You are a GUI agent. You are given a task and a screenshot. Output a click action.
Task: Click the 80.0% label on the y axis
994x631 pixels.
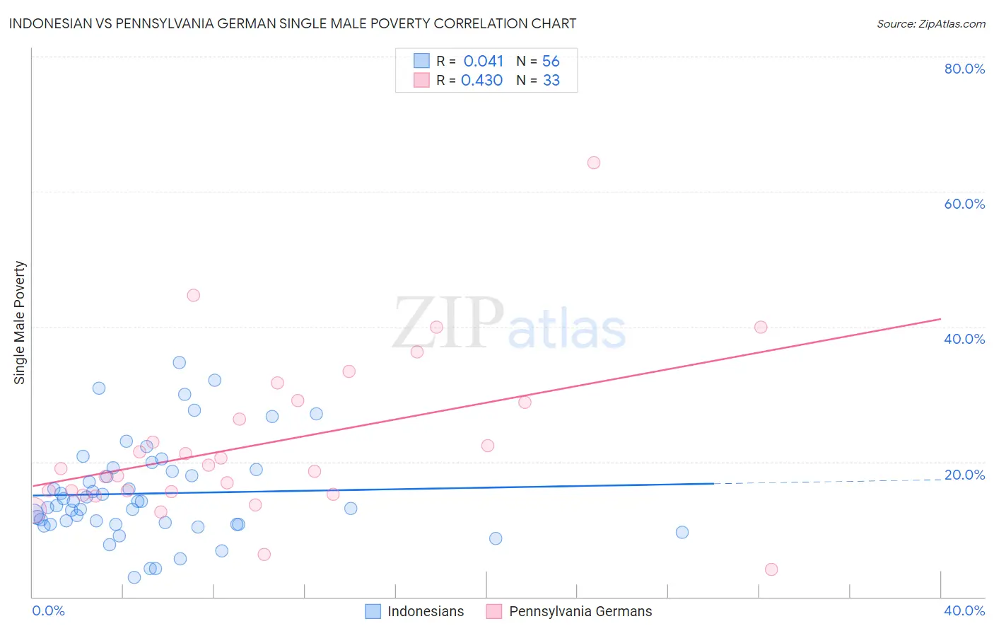pos(964,69)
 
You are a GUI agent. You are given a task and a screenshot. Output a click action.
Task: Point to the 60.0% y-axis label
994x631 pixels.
pos(964,204)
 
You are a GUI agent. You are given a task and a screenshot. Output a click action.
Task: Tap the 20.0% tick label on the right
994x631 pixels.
pos(964,475)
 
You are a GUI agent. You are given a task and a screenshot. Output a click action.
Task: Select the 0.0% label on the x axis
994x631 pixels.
pos(48,610)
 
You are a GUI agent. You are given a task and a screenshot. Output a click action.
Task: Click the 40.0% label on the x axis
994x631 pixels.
pos(964,610)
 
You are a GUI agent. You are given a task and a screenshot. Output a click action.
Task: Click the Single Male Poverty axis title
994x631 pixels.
pos(20,323)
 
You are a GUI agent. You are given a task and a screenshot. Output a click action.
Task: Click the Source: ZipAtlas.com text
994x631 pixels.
pos(930,23)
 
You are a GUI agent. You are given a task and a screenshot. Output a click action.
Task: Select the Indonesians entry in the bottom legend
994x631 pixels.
pos(415,611)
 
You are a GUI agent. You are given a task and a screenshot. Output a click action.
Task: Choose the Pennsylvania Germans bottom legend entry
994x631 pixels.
pos(570,611)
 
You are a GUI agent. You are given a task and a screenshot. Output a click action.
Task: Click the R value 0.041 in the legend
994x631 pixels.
pos(484,62)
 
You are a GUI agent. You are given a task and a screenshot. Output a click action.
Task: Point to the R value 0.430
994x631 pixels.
pos(481,81)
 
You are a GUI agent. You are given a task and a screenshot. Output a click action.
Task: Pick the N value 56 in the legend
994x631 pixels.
pos(551,62)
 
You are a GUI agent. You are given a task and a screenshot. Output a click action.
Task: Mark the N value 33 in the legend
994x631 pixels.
pos(551,81)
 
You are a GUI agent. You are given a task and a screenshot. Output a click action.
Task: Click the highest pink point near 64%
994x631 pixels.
pos(594,163)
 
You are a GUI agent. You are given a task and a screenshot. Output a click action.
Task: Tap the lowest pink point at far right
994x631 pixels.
pos(771,569)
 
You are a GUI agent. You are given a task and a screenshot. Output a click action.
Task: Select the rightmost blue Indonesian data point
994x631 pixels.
pos(682,532)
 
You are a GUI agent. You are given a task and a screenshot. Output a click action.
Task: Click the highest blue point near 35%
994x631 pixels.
pos(180,362)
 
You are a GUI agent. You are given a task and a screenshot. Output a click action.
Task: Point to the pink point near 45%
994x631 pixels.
pos(194,295)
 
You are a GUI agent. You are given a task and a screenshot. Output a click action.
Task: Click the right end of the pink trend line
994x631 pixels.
pos(940,319)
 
